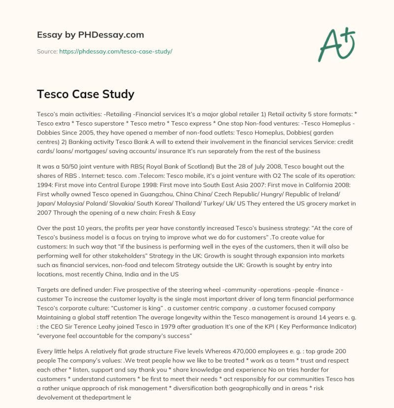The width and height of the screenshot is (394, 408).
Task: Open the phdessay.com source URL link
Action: pos(115,51)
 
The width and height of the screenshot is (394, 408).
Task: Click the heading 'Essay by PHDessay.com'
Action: pos(91,34)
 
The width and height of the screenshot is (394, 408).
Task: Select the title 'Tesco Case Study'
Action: pos(86,94)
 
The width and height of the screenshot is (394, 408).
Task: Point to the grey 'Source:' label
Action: pos(47,51)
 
